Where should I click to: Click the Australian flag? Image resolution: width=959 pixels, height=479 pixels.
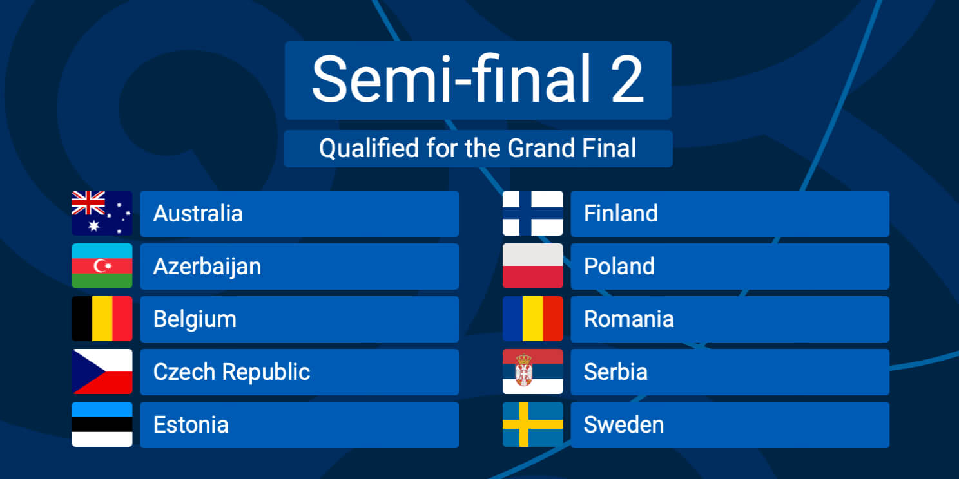[102, 213]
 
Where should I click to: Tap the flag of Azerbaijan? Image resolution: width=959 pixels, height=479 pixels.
[102, 266]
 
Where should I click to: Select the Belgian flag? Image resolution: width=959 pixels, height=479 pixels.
[102, 319]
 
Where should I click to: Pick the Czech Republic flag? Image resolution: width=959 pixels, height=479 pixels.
[102, 371]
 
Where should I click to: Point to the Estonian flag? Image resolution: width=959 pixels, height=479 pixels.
[102, 424]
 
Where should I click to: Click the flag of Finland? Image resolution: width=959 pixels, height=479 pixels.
[532, 213]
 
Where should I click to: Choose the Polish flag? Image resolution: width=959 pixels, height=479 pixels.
[532, 266]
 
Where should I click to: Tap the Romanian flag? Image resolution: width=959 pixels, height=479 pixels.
[532, 319]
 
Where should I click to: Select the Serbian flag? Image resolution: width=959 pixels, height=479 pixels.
[532, 371]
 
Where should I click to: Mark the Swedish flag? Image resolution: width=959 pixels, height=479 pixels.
[532, 424]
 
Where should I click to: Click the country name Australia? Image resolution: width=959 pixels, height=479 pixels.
[198, 213]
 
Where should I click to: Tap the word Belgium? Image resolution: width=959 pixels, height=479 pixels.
[195, 320]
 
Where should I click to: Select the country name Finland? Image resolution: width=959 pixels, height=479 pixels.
[621, 213]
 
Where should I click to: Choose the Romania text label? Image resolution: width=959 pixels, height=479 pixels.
[629, 319]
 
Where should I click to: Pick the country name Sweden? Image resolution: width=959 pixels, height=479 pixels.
[624, 425]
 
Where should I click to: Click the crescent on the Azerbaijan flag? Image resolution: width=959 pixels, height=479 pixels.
[100, 266]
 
